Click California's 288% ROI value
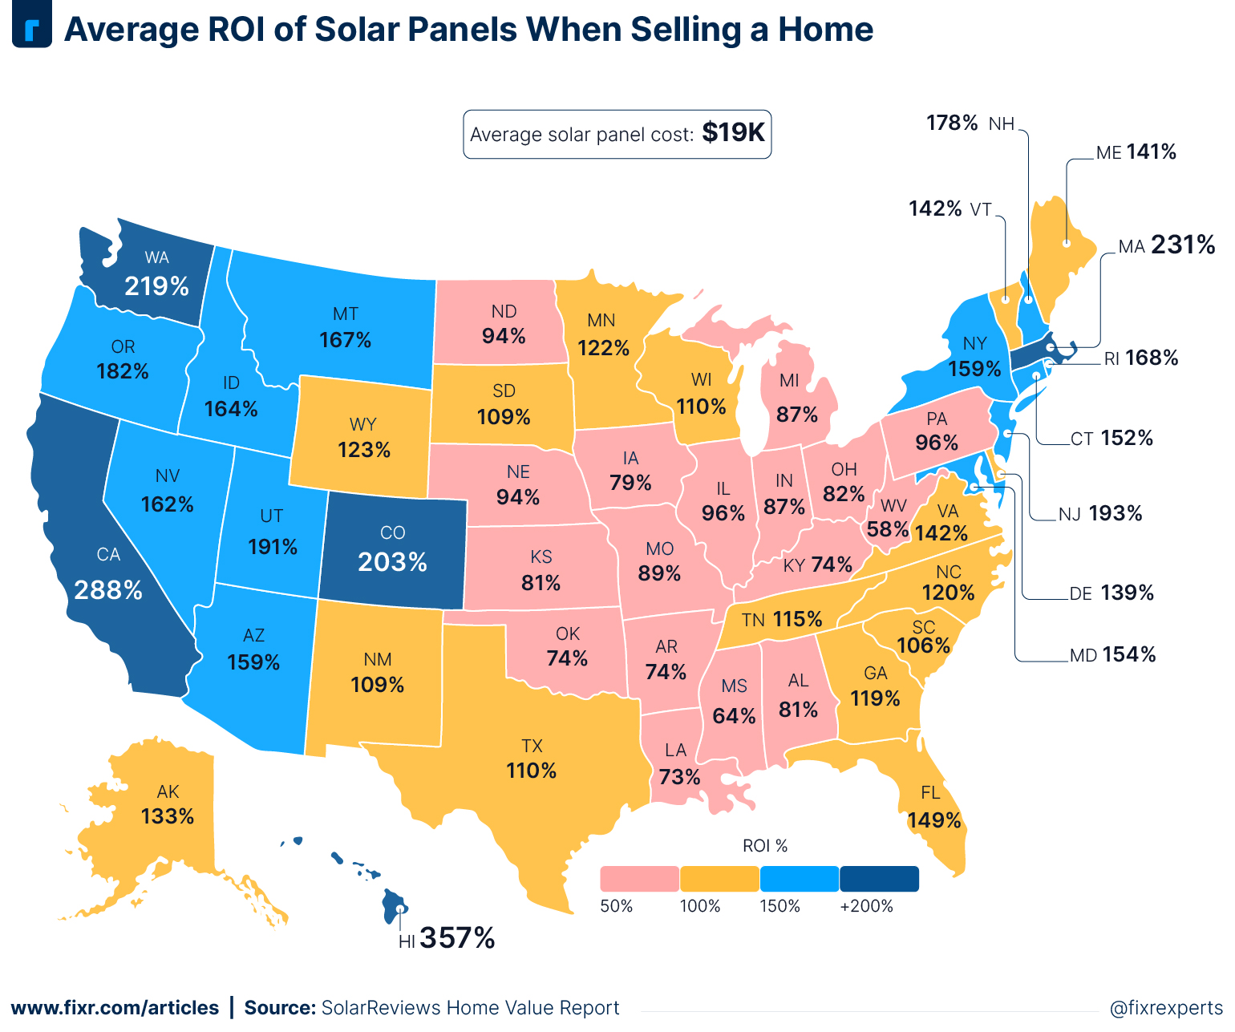click(108, 590)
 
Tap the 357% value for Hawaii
click(457, 937)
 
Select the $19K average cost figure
click(733, 132)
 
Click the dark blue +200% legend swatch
click(879, 879)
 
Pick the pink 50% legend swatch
click(639, 879)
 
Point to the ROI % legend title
click(765, 846)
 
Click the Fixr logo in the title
click(32, 29)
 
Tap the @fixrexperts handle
click(1166, 1008)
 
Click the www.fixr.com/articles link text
click(115, 1008)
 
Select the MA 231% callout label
click(1167, 245)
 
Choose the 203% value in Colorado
click(392, 562)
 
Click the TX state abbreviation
click(532, 746)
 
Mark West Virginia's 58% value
click(888, 529)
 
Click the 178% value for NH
click(952, 123)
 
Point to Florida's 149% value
click(934, 820)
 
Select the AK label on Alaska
click(168, 792)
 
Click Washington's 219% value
click(156, 286)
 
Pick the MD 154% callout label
click(1113, 655)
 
